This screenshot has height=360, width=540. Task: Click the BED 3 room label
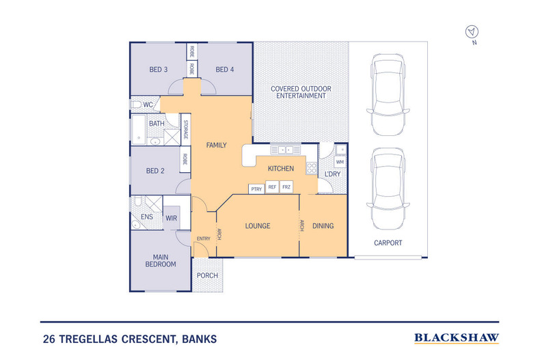tap(159, 69)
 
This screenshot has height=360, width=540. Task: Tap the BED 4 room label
tap(225, 69)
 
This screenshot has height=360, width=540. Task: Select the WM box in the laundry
tap(340, 162)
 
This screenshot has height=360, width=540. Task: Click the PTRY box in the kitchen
tap(256, 189)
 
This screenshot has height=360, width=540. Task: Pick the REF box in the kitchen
tap(272, 186)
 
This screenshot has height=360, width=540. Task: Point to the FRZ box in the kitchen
tap(287, 186)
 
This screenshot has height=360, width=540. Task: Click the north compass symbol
tap(471, 31)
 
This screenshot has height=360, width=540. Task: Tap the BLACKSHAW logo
tap(457, 337)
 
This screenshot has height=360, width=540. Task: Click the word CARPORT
tap(388, 243)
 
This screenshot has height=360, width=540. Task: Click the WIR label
tap(171, 218)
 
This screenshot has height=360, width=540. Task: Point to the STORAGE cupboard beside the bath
tap(185, 130)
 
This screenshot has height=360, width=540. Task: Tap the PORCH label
tap(207, 276)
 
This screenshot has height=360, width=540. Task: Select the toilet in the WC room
tap(136, 105)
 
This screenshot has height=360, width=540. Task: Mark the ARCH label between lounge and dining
tap(300, 225)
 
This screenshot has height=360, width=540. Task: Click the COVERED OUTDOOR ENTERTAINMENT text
tap(301, 92)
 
